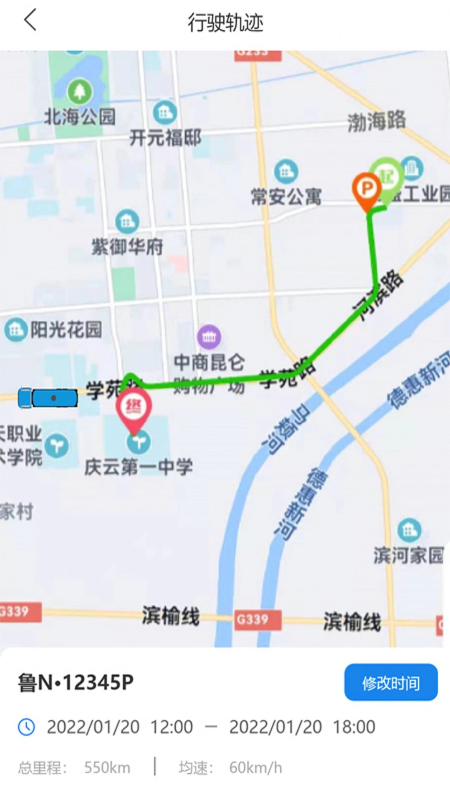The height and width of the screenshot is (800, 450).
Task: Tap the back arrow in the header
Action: click(x=30, y=20)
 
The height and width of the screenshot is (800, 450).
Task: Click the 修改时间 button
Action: click(x=391, y=683)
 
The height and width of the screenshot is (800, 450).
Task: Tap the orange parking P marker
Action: click(x=366, y=190)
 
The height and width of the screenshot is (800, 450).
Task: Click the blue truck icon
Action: click(x=48, y=398)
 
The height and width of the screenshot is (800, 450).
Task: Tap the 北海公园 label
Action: click(x=80, y=117)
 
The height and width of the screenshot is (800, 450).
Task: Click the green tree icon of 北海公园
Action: click(x=79, y=91)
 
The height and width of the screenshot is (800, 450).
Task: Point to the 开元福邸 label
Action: click(x=165, y=138)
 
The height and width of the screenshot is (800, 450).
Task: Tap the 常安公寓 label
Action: click(x=286, y=196)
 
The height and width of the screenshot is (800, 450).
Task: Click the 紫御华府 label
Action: click(x=127, y=247)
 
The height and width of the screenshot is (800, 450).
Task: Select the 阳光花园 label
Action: click(x=66, y=330)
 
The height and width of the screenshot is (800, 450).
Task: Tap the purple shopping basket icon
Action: click(x=209, y=337)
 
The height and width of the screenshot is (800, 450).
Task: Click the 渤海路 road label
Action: click(x=376, y=121)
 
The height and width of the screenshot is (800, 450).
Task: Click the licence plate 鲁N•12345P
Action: click(x=76, y=683)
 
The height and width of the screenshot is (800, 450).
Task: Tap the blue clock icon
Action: click(x=26, y=727)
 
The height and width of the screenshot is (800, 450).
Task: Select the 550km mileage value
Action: click(x=107, y=767)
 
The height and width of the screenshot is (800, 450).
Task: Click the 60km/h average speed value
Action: click(x=255, y=767)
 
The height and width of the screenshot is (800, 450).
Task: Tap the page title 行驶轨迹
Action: click(x=225, y=23)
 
